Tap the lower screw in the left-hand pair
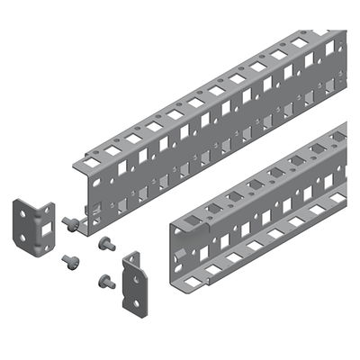pyautogui.click(x=70, y=262)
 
